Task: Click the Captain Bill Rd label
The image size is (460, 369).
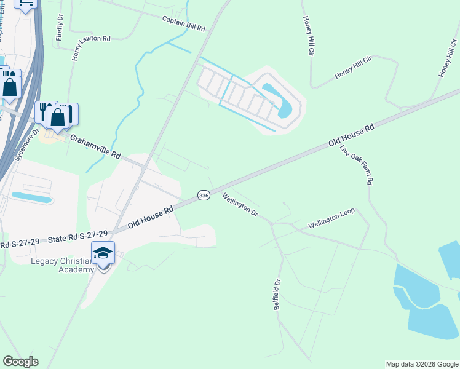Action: [x=183, y=23]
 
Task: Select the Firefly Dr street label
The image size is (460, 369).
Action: [x=60, y=27]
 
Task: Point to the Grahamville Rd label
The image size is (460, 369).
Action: [x=95, y=147]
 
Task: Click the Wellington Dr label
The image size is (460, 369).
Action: [x=240, y=205]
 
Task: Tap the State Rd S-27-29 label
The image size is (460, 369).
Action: [x=78, y=237]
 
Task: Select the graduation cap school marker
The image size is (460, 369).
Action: [x=103, y=253]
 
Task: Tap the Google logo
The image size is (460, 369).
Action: [x=20, y=362]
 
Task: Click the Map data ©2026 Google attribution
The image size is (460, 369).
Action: [x=421, y=364]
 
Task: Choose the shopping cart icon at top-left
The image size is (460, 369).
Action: [x=26, y=4]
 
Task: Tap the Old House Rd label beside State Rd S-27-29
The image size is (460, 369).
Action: [x=151, y=216]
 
